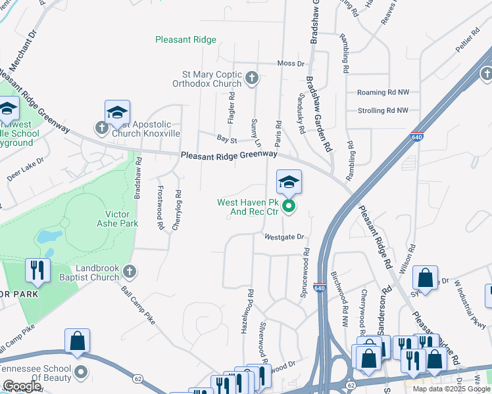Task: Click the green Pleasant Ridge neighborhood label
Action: tap(185, 40)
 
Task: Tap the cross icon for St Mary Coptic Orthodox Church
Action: tap(251, 79)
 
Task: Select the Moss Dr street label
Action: tap(291, 64)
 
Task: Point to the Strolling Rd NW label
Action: tap(383, 111)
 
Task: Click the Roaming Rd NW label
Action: tap(383, 93)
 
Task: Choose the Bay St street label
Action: tap(226, 139)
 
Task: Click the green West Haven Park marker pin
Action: tap(289, 208)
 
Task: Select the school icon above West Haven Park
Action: tap(289, 183)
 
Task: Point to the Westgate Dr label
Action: tap(285, 236)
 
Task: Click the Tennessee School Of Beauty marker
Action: tap(81, 372)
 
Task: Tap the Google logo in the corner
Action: tap(22, 386)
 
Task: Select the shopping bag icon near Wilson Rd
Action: tap(426, 277)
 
